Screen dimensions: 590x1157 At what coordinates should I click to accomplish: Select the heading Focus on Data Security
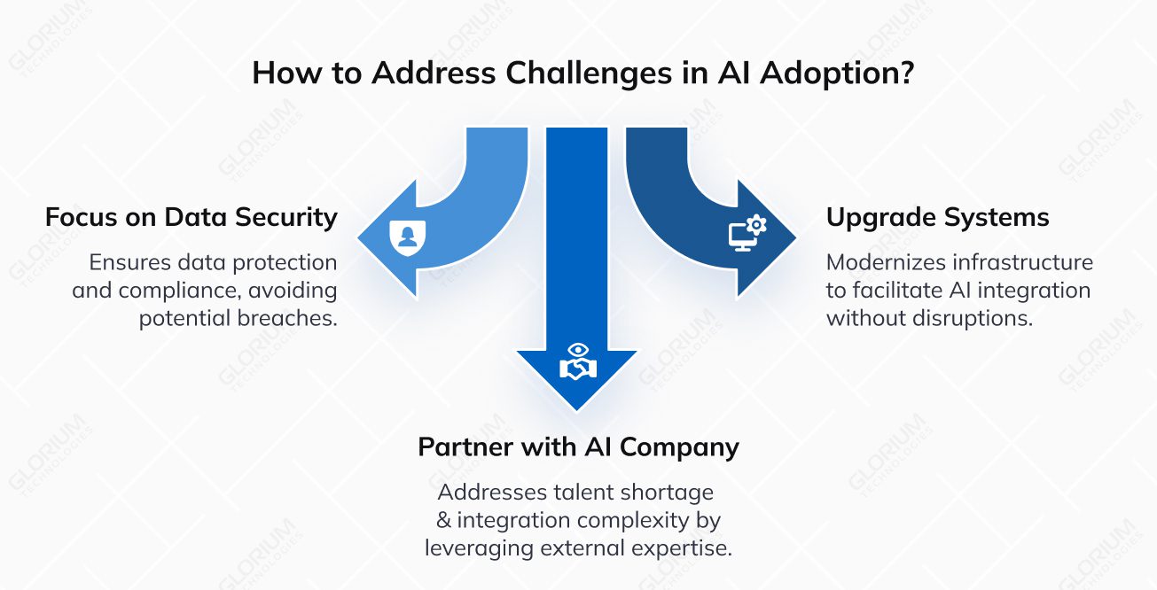click(x=192, y=217)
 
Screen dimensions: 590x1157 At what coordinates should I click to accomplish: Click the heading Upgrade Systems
click(x=938, y=217)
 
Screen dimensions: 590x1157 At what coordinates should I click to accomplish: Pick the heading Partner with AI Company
click(x=578, y=447)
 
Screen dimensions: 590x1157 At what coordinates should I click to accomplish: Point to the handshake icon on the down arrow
click(x=577, y=364)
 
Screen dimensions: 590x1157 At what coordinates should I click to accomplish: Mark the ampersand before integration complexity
click(x=444, y=520)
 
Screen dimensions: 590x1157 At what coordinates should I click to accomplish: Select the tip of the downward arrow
click(x=577, y=409)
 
